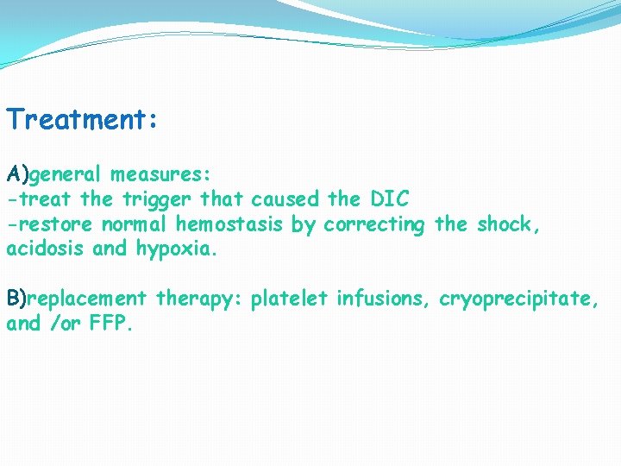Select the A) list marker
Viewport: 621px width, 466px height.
coord(17,175)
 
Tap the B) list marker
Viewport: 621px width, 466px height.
coord(16,299)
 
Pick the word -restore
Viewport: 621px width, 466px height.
coord(50,224)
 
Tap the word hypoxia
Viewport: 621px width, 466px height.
coord(178,250)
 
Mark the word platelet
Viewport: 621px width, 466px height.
coord(290,299)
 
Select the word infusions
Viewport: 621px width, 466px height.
coord(384,299)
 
